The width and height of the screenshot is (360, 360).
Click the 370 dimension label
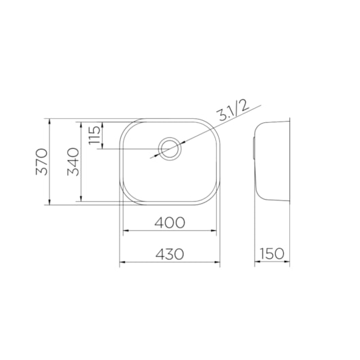point(41,162)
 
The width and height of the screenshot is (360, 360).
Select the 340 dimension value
point(73,162)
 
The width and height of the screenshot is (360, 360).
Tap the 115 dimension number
point(95,135)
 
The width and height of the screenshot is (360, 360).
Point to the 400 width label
point(170,223)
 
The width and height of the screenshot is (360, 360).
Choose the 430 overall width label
point(170,254)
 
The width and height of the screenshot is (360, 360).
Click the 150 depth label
point(272,253)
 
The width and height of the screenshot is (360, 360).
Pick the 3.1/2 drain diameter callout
point(233,111)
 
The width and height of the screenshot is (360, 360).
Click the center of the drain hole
point(170,149)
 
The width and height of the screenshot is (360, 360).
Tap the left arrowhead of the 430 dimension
point(122,262)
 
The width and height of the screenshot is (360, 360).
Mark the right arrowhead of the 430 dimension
point(217,262)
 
